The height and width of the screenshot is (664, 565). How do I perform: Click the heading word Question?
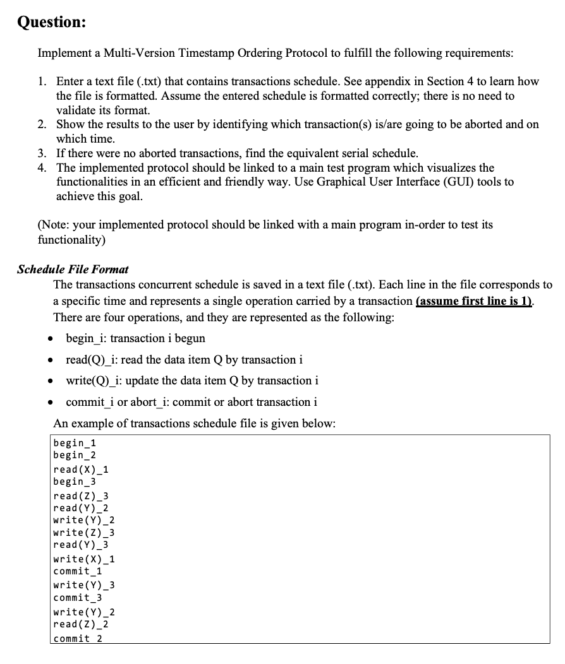51,21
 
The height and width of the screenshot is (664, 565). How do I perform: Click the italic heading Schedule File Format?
73,270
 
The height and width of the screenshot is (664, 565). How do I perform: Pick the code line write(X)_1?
84,559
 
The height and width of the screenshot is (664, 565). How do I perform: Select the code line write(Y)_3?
84,585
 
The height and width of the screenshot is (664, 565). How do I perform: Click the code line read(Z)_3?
82,496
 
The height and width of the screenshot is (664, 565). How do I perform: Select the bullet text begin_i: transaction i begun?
135,338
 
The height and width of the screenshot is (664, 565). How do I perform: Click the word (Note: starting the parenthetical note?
54,225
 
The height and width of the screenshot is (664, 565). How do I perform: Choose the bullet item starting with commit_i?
191,401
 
